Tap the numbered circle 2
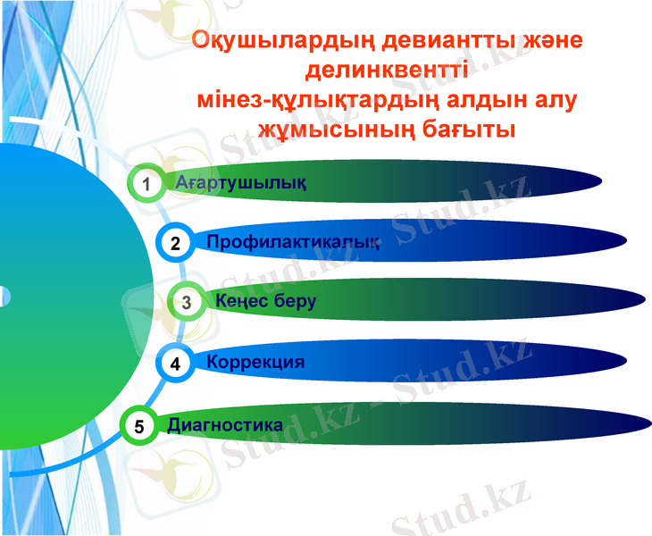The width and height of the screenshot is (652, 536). pyautogui.click(x=176, y=243)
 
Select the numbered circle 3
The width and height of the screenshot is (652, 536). pyautogui.click(x=186, y=302)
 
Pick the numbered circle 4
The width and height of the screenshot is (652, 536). pyautogui.click(x=175, y=364)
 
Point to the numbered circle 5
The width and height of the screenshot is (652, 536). pyautogui.click(x=138, y=426)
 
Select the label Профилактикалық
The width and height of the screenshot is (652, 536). pyautogui.click(x=293, y=242)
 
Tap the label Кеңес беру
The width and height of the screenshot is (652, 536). pyautogui.click(x=266, y=301)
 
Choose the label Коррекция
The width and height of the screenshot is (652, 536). pyautogui.click(x=255, y=362)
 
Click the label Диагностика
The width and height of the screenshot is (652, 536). pyautogui.click(x=225, y=425)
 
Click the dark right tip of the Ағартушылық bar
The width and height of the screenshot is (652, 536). pyautogui.click(x=558, y=185)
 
